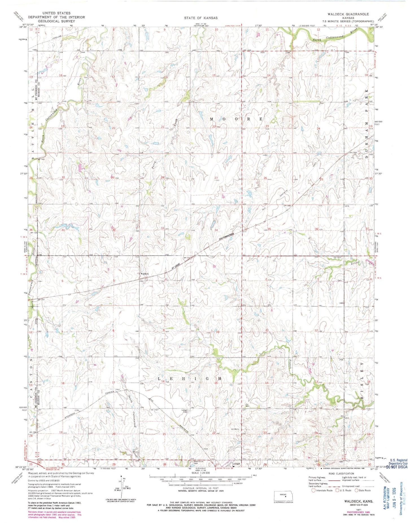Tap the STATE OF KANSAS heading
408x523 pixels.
click(201, 18)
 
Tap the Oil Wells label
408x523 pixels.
click(235, 429)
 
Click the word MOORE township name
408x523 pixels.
click(236, 119)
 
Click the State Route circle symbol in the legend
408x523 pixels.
click(356, 490)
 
